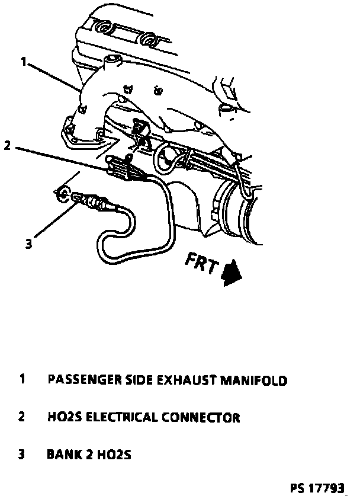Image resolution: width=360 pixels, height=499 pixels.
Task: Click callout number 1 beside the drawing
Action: (23, 61)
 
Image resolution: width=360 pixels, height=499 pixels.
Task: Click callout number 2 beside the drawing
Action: (7, 145)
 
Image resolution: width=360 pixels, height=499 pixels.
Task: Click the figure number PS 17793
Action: (317, 489)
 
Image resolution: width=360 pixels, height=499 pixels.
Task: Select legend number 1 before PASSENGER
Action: (22, 379)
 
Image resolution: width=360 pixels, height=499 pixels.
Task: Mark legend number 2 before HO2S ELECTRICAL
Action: (22, 417)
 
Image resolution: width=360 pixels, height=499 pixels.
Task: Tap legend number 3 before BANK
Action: (22, 455)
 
